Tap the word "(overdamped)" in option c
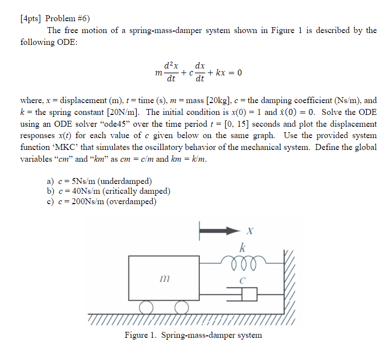click(x=133, y=201)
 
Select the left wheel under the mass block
click(x=146, y=308)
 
